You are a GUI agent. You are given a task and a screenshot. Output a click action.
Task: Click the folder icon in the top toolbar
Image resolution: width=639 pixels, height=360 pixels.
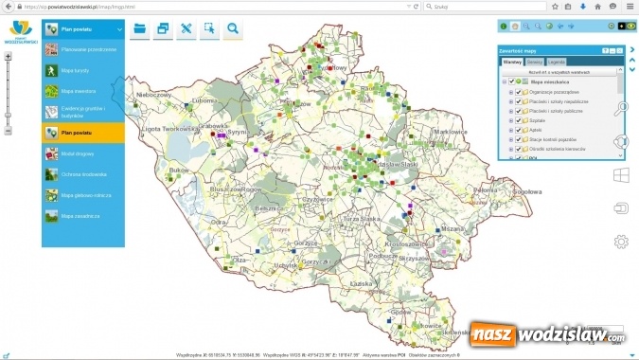140,29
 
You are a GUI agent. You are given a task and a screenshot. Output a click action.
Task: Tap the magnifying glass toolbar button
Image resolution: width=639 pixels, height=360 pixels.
233,29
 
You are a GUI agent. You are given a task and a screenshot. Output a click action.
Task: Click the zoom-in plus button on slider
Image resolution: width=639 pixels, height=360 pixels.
9,57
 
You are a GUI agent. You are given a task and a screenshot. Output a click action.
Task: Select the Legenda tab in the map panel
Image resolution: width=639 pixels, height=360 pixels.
558,62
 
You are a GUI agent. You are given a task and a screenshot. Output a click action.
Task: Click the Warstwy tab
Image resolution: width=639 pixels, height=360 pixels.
513,62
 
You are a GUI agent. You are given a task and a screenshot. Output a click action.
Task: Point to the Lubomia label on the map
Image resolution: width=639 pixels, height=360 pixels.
204,100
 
